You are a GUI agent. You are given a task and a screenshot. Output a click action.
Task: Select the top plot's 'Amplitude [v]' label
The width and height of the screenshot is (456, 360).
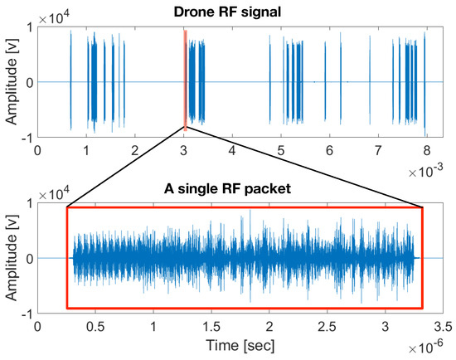11,82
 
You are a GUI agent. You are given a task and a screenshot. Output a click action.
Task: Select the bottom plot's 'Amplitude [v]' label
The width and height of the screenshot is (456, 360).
11,258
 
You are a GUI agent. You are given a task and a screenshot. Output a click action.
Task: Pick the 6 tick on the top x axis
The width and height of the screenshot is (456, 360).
329,152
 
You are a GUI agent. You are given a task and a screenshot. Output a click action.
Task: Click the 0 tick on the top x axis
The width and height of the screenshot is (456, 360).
37,152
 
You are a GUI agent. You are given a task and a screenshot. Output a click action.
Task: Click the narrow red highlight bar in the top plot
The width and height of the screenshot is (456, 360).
185,80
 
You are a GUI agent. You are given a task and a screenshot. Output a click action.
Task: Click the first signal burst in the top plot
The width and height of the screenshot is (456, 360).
71,80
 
